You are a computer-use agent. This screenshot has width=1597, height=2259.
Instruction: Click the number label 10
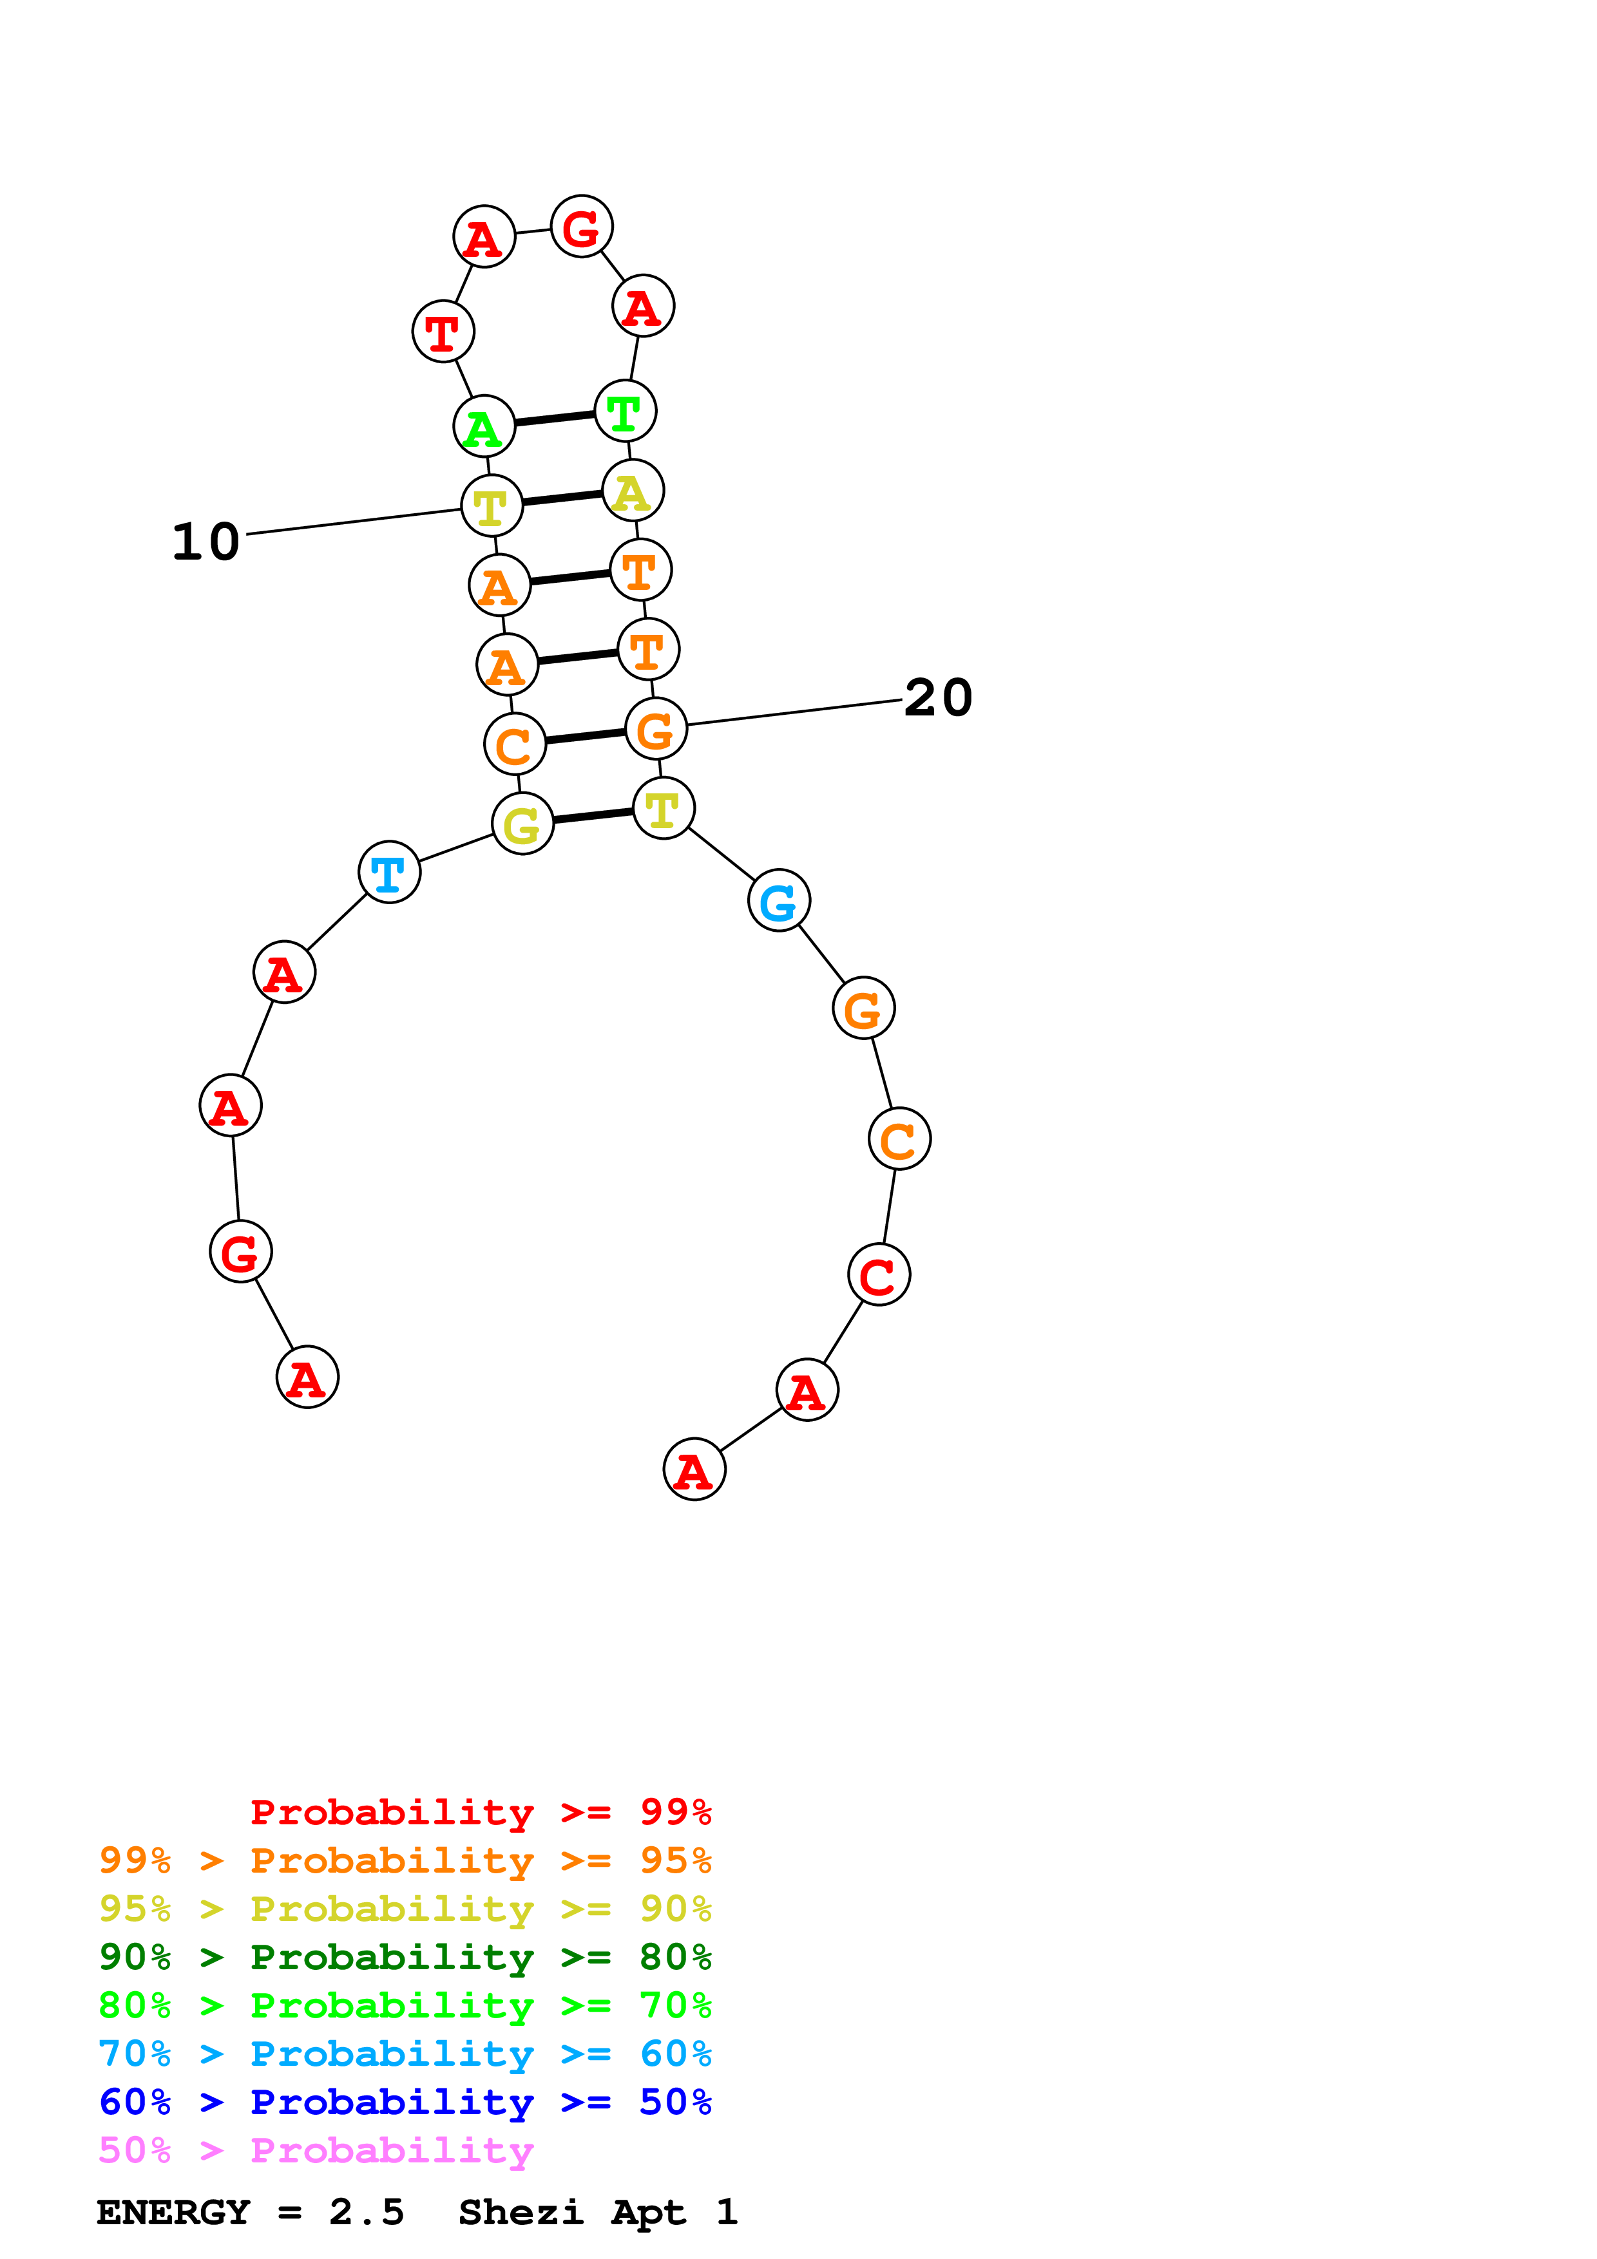pos(206,542)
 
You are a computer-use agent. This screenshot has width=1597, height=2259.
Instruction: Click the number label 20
pos(938,699)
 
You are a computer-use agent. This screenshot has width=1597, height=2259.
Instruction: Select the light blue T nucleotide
pos(390,873)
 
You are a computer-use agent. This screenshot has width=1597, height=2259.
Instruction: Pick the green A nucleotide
pos(484,427)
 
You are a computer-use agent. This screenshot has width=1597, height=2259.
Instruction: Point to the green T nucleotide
pos(625,411)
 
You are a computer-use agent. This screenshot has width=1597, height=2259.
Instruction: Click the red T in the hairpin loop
pos(443,332)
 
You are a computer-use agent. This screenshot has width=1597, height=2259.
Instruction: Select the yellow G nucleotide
pos(522,824)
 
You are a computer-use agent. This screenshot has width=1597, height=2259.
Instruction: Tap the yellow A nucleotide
pos(633,491)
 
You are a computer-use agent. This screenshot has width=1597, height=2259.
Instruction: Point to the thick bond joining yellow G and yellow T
pos(593,816)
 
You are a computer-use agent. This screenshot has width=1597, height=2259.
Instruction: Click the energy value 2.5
pos(366,2212)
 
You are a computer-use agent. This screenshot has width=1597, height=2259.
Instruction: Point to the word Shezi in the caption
pos(521,2212)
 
